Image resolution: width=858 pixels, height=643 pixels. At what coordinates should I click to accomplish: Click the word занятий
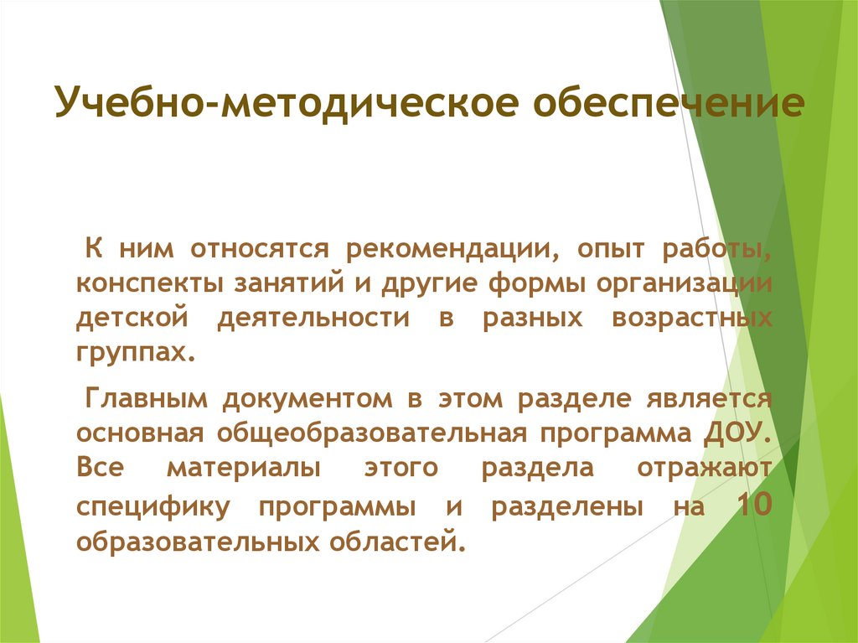(x=285, y=283)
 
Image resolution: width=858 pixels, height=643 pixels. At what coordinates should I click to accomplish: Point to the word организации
(x=684, y=283)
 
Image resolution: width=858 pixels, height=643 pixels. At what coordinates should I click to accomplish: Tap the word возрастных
(x=691, y=319)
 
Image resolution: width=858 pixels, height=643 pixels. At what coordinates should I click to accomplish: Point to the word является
(x=713, y=398)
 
